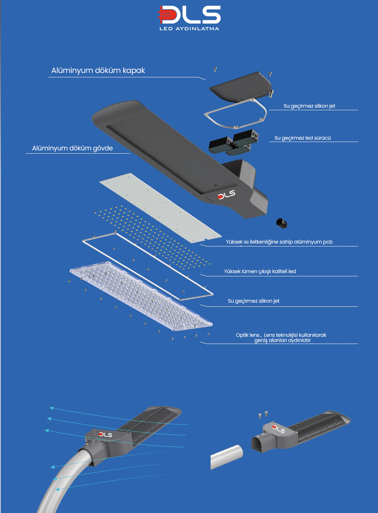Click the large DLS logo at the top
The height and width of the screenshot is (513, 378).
189,15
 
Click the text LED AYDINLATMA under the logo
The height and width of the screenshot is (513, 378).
189,29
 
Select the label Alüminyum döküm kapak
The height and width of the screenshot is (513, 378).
98,71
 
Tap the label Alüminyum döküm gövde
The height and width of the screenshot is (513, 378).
72,148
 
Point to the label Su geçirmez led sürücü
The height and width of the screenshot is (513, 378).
302,138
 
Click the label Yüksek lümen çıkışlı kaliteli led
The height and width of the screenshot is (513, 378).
260,272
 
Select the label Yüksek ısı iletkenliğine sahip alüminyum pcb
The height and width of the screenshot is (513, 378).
279,242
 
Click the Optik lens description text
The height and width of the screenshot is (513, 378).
281,338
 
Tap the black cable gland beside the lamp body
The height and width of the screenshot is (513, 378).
281,223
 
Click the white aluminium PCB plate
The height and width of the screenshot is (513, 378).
160,208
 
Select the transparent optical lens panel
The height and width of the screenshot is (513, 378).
141,296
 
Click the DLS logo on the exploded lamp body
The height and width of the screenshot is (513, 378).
226,195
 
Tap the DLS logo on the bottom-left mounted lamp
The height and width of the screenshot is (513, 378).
105,435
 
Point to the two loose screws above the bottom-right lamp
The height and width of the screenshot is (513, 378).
263,415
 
